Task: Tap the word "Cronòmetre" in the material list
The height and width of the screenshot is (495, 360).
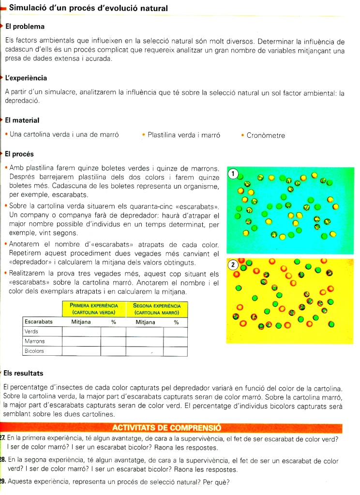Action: (x=266, y=135)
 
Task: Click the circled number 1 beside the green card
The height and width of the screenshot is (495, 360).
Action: (x=233, y=173)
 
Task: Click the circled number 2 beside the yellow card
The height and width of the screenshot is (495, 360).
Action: (x=233, y=264)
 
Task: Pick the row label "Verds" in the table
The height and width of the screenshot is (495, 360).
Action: (x=32, y=332)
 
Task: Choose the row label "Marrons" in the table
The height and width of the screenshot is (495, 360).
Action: (x=34, y=341)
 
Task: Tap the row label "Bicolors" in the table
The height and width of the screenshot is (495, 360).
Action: (x=34, y=351)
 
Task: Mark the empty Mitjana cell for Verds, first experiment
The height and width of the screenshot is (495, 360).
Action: (x=81, y=332)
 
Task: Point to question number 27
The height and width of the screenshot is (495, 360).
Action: (x=2, y=439)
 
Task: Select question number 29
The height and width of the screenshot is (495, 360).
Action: (x=2, y=482)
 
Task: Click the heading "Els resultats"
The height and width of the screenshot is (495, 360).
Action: (x=23, y=373)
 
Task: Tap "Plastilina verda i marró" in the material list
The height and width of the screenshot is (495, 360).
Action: (x=184, y=135)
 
